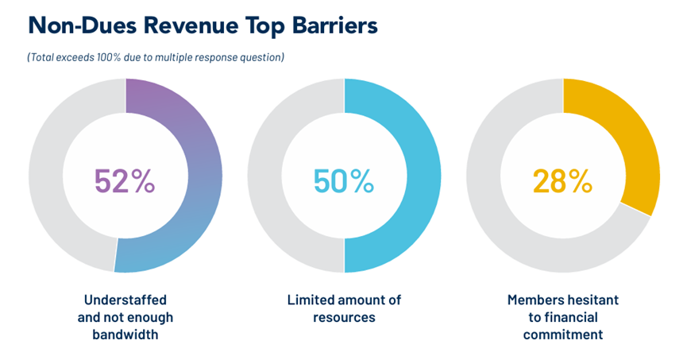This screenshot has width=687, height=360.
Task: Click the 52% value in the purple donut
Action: tap(125, 181)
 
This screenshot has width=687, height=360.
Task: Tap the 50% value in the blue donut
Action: tap(344, 181)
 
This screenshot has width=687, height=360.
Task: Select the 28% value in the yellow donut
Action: tap(562, 181)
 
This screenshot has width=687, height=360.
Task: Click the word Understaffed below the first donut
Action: tap(125, 300)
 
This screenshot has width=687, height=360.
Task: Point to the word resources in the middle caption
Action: tap(344, 318)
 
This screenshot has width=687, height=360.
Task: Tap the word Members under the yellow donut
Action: tap(539, 300)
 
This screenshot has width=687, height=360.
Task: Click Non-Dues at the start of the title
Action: tap(69, 25)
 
